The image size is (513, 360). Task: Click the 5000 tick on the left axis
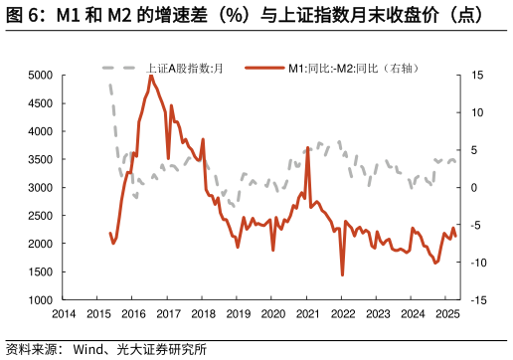40,75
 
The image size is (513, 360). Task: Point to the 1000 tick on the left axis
40,299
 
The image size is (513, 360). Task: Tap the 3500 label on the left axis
40,159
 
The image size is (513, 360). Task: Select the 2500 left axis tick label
40,215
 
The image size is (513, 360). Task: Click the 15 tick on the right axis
477,75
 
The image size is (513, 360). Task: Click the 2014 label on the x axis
64,314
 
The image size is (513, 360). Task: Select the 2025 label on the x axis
447,314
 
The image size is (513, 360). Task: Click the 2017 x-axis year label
168,314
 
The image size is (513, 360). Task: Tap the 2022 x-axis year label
342,314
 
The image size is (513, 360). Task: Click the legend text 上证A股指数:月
184,67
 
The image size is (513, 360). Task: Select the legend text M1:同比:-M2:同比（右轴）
354,67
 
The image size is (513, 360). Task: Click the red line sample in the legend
261,67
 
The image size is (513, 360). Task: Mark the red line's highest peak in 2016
151,76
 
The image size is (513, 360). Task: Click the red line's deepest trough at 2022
342,275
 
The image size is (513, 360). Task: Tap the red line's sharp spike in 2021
308,147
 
